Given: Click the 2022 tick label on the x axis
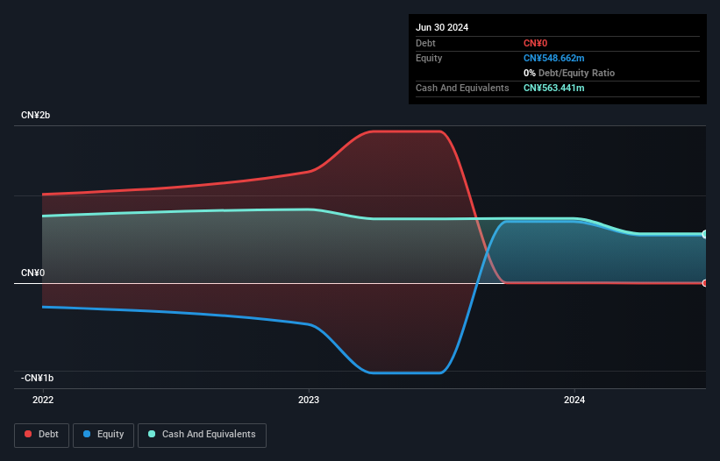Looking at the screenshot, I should [x=42, y=400].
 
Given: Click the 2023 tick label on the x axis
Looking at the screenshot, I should [x=309, y=400].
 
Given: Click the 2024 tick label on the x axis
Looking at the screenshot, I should [x=574, y=400].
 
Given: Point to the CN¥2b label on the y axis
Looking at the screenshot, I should [x=37, y=116].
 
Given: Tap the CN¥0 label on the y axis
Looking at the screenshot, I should [x=33, y=273].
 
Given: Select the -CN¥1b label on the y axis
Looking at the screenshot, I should [x=38, y=379].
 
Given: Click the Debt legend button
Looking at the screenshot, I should [x=43, y=435].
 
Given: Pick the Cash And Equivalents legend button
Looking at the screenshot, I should [x=202, y=435].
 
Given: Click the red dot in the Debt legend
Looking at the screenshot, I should [x=29, y=435].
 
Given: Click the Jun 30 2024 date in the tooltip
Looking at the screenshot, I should [x=442, y=27].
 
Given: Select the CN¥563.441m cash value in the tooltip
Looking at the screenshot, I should [x=553, y=88].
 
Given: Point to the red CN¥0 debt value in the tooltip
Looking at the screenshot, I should [x=536, y=43].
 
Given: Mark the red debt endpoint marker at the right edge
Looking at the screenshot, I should [x=705, y=283].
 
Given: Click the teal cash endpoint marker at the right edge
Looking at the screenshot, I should [x=705, y=234].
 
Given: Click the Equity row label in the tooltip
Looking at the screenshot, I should [x=429, y=58].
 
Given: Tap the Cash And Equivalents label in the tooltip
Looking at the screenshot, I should [x=462, y=88].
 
